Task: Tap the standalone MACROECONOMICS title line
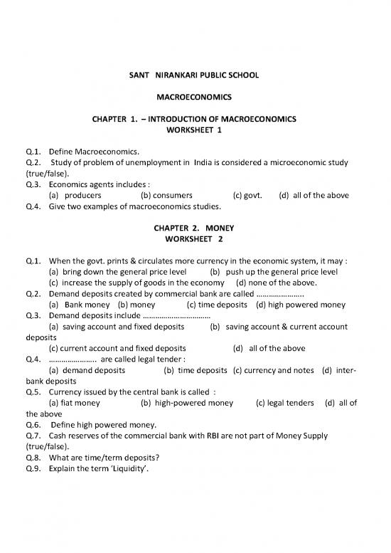click(x=194, y=95)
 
